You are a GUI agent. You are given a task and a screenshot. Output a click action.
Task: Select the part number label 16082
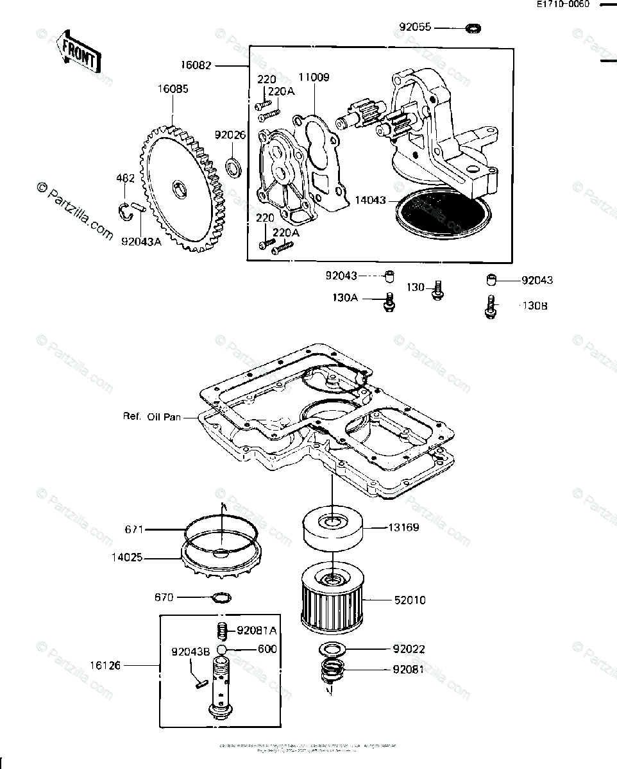coord(195,65)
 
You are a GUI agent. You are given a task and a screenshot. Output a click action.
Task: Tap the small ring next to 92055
coord(474,28)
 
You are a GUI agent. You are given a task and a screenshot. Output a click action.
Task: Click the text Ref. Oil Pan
coord(152,417)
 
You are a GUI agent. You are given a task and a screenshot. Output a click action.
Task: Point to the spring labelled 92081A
coord(222,631)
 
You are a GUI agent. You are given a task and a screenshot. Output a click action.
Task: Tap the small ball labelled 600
coord(222,649)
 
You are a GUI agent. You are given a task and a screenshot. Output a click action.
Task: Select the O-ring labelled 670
coord(221,598)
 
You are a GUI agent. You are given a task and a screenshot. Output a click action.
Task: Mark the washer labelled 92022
coord(332,649)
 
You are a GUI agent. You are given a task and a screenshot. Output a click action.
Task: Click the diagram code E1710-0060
coord(562,4)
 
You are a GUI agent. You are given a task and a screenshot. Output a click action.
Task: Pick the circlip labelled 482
coord(126,210)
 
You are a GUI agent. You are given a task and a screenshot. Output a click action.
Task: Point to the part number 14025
coord(124,558)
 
